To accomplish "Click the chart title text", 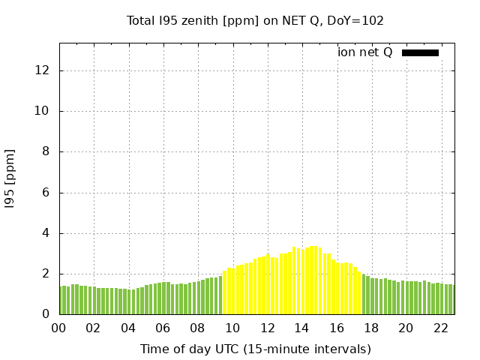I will click(255, 20).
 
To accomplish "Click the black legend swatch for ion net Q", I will click(420, 52).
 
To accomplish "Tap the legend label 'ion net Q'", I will click(364, 52).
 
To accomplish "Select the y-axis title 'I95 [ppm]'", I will click(10, 178).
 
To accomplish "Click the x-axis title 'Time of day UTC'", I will click(255, 349).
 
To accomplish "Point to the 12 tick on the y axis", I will click(42, 70).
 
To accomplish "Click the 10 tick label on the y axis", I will click(42, 111).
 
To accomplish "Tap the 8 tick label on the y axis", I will click(46, 151).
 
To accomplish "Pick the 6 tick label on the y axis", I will click(46, 193).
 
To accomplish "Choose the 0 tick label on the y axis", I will click(46, 314).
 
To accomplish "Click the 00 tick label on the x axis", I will click(58, 328).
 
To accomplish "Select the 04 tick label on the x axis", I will click(128, 328).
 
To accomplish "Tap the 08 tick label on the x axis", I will click(197, 328).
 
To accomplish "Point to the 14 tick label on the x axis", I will click(301, 328).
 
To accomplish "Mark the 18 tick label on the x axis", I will click(371, 328).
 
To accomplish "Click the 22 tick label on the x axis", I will click(440, 328).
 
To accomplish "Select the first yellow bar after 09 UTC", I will click(225, 292).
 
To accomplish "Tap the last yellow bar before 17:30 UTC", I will click(359, 293).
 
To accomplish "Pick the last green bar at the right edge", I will click(451, 299).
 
